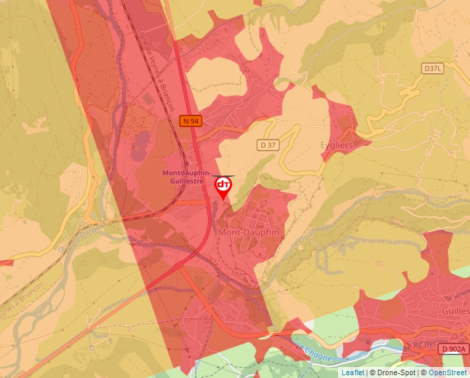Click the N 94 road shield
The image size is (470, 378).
pos(191,121)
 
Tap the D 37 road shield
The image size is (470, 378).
pos(268,144)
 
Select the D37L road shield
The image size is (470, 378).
pos(432,68)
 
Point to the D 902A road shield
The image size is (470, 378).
pos(454,349)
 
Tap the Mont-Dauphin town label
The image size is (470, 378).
pos(249,232)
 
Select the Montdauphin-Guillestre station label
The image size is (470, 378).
pos(187,176)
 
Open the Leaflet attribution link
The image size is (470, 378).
pos(352,372)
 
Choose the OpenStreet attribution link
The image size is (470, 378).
pos(449,372)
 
